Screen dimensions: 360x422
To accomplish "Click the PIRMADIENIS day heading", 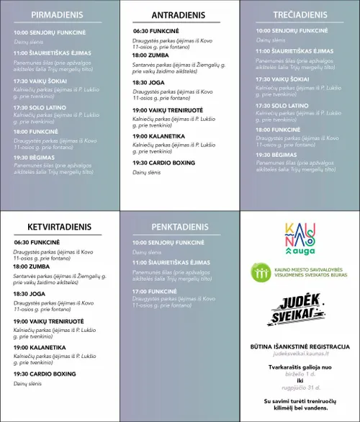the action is (x=58, y=14).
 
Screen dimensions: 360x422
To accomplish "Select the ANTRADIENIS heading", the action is (x=178, y=15).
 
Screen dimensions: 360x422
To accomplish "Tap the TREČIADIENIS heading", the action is (x=299, y=14).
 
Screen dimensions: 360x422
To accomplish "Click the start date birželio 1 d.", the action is (x=299, y=374).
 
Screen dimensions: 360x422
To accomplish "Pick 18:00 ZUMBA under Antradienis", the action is (x=150, y=55).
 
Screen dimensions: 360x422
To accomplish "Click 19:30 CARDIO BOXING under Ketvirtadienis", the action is (x=44, y=374).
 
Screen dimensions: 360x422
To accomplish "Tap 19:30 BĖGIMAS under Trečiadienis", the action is (x=276, y=155).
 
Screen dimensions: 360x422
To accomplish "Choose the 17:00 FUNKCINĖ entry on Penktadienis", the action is (x=156, y=290).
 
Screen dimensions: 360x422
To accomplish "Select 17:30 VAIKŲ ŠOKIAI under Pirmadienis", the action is (x=40, y=81).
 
